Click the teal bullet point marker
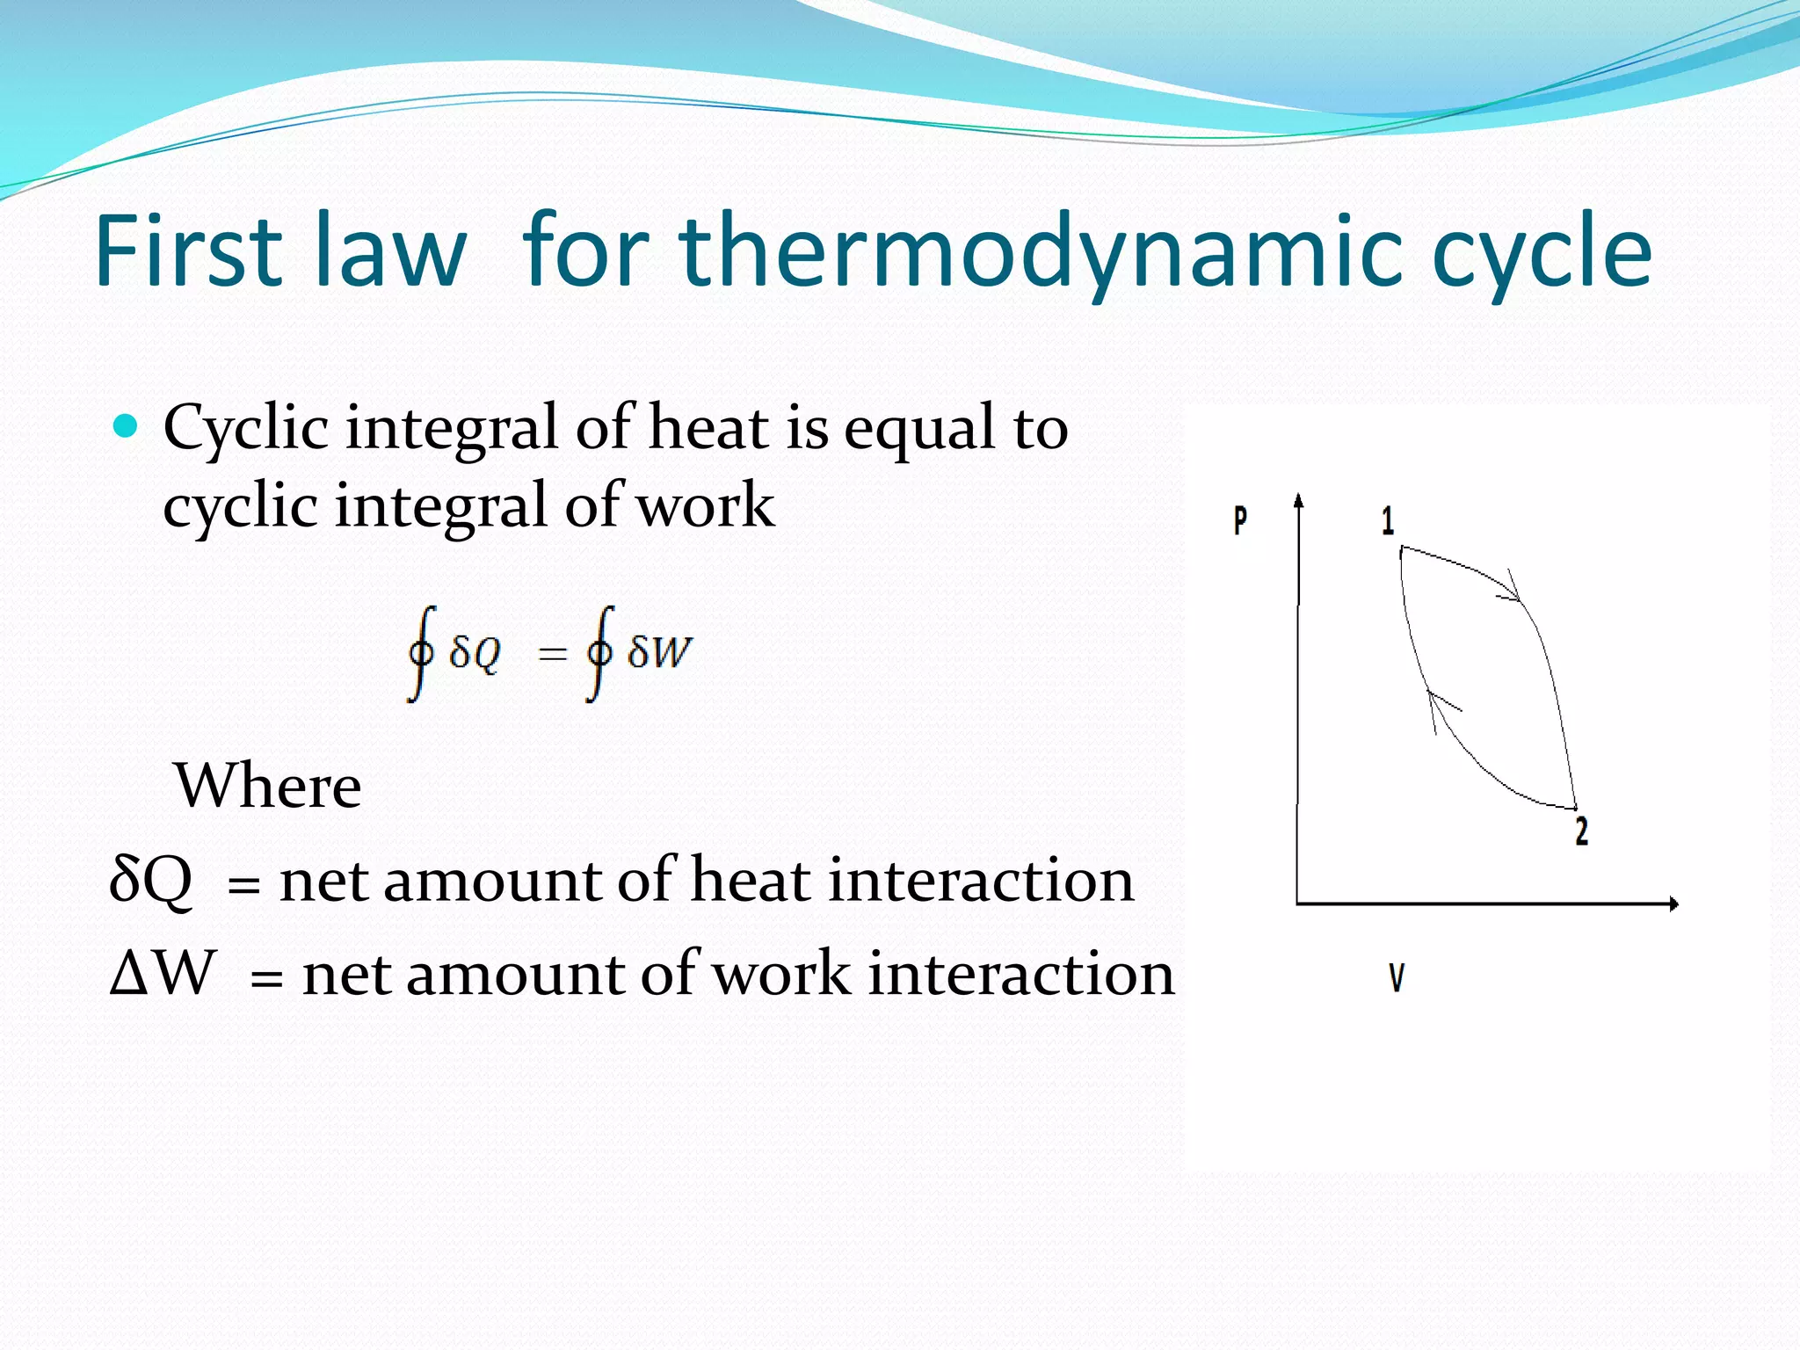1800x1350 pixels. pos(127,427)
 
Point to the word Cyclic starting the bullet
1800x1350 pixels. pos(246,428)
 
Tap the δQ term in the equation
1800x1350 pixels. pos(475,652)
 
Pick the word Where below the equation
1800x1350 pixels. pos(268,786)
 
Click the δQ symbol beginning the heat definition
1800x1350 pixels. pos(150,880)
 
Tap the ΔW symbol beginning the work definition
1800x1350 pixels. pos(163,974)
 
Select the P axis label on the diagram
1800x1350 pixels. pos(1239,520)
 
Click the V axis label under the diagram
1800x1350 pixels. pos(1397,977)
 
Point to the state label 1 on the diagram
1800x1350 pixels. pos(1388,521)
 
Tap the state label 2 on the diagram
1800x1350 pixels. pos(1581,831)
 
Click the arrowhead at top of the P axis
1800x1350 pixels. pos(1298,500)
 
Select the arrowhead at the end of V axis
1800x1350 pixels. pos(1673,904)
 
